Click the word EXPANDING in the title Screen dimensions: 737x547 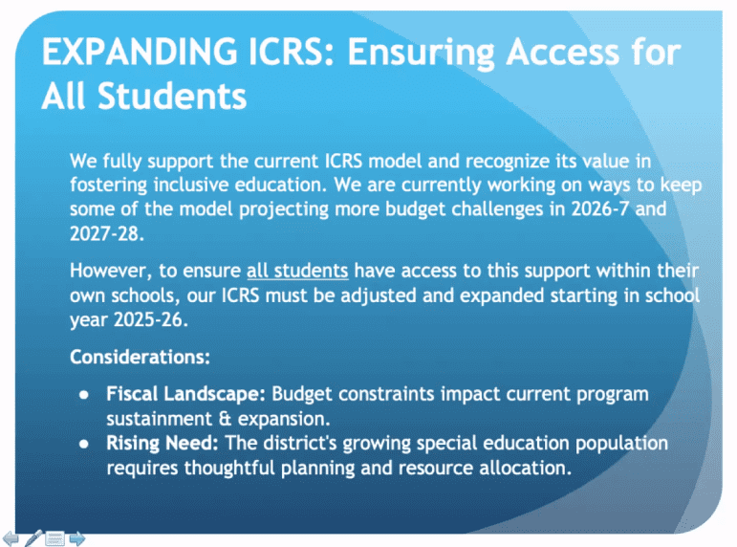pyautogui.click(x=140, y=52)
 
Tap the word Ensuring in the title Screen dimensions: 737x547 pyautogui.click(x=422, y=55)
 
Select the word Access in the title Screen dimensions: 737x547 pyautogui.click(x=563, y=52)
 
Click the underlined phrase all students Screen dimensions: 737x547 pyautogui.click(x=297, y=271)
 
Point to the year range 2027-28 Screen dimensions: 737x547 pyautogui.click(x=107, y=233)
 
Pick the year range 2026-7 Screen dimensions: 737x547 pyautogui.click(x=600, y=208)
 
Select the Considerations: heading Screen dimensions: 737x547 pyautogui.click(x=141, y=357)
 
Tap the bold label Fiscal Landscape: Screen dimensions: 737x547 pyautogui.click(x=186, y=394)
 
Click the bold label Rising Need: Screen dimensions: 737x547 pyautogui.click(x=163, y=443)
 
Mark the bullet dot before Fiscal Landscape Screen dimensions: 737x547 pyautogui.click(x=84, y=395)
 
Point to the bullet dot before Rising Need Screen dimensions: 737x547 pyautogui.click(x=84, y=444)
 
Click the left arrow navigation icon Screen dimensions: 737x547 pyautogui.click(x=11, y=538)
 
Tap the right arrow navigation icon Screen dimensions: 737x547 pyautogui.click(x=77, y=538)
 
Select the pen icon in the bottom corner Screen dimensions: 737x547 pyautogui.click(x=33, y=537)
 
